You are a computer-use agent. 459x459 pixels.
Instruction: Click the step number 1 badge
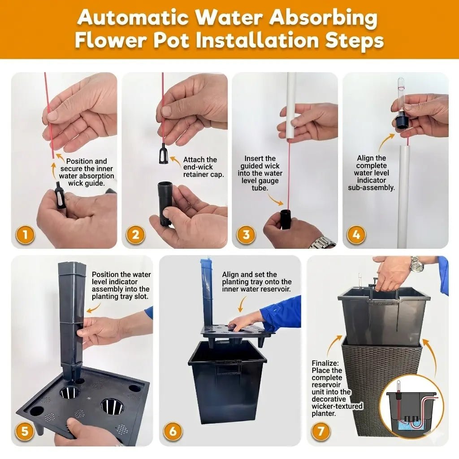click(x=25, y=235)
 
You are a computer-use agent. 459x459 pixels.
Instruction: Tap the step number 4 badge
click(x=356, y=235)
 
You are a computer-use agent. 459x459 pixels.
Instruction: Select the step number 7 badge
click(x=321, y=431)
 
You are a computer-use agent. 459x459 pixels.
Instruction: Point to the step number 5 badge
click(x=25, y=431)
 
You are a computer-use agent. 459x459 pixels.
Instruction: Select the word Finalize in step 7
click(x=325, y=363)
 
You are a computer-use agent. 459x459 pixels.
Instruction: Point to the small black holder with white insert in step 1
click(x=60, y=195)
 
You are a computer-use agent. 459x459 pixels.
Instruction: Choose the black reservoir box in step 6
click(x=227, y=382)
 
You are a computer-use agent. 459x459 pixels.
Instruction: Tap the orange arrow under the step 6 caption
click(x=242, y=303)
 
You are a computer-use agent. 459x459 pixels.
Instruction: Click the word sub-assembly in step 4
click(x=371, y=188)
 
